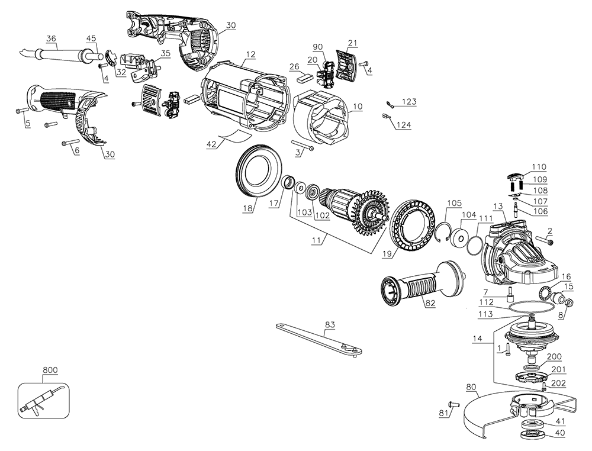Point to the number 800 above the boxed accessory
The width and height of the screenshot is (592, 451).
pyautogui.click(x=50, y=371)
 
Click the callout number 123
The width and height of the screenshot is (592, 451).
pyautogui.click(x=408, y=102)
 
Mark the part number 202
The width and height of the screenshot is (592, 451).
pyautogui.click(x=558, y=384)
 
